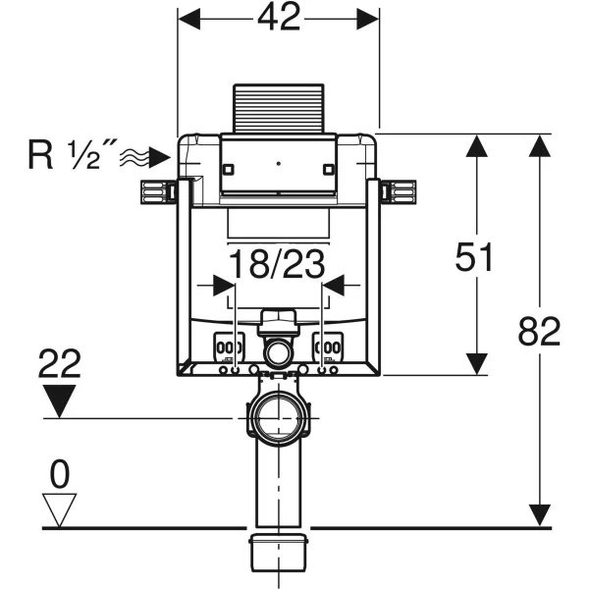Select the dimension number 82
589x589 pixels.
tap(539, 332)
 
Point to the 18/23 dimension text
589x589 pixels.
tap(278, 266)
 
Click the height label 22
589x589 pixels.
tap(61, 366)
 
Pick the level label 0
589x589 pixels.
tap(61, 476)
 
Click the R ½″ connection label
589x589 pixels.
tap(69, 155)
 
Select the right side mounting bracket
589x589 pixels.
tap(400, 191)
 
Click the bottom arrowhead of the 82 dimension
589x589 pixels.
tap(539, 514)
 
